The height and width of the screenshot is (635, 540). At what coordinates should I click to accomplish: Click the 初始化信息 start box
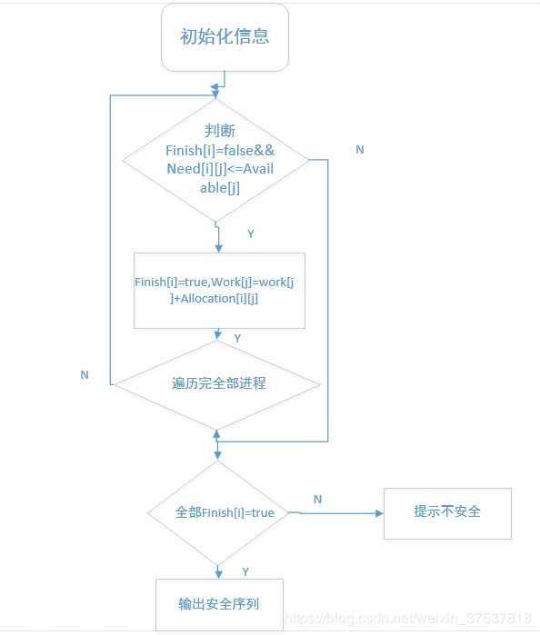click(225, 37)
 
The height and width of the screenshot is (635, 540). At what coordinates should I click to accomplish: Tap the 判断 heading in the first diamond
click(220, 131)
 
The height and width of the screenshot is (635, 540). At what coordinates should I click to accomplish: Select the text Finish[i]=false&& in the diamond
click(220, 150)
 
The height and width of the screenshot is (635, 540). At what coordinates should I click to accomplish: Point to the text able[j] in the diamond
click(220, 188)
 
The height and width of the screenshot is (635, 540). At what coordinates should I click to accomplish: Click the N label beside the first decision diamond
click(360, 149)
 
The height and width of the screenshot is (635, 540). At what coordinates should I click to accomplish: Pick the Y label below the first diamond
click(251, 233)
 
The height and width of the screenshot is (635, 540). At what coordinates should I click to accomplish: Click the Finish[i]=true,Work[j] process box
click(219, 291)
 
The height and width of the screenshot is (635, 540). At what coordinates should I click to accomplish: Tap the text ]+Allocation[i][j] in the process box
click(214, 299)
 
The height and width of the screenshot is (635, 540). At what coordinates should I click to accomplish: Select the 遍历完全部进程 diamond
click(217, 384)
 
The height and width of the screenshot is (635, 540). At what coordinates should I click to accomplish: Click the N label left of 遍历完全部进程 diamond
click(85, 374)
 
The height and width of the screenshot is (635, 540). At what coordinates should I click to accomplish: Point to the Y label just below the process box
click(237, 338)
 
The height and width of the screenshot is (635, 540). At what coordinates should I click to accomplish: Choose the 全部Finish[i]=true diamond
click(218, 512)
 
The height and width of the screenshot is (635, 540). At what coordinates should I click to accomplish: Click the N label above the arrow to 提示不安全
click(317, 500)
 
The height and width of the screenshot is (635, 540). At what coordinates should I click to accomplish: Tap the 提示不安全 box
click(447, 513)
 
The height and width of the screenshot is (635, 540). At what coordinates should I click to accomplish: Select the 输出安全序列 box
click(219, 604)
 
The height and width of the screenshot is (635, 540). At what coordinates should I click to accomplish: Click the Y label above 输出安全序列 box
click(245, 571)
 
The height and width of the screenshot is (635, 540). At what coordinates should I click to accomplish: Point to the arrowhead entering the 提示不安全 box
click(379, 513)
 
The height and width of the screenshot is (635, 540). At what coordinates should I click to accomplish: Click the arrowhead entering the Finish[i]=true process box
click(218, 249)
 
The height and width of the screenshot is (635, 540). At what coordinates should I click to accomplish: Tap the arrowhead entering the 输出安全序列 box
click(219, 575)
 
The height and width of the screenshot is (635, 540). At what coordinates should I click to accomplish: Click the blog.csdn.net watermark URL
click(408, 618)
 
